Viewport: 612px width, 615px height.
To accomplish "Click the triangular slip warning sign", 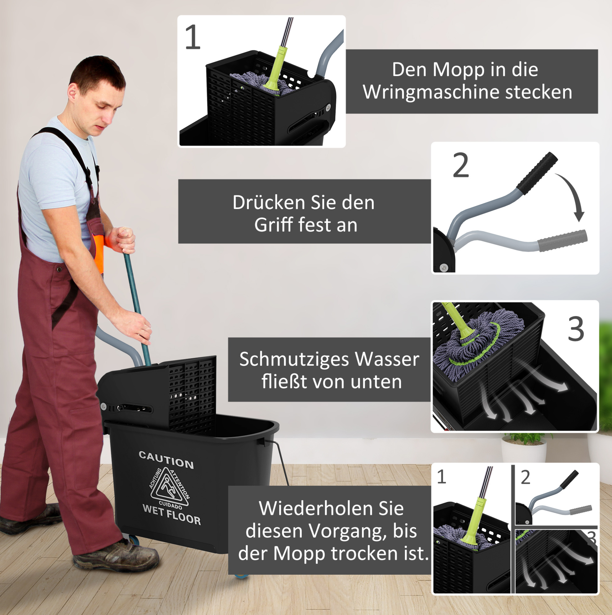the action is [169, 488].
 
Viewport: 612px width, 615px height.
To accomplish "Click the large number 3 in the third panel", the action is [576, 329].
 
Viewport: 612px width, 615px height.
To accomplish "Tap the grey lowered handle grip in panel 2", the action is [562, 240].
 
